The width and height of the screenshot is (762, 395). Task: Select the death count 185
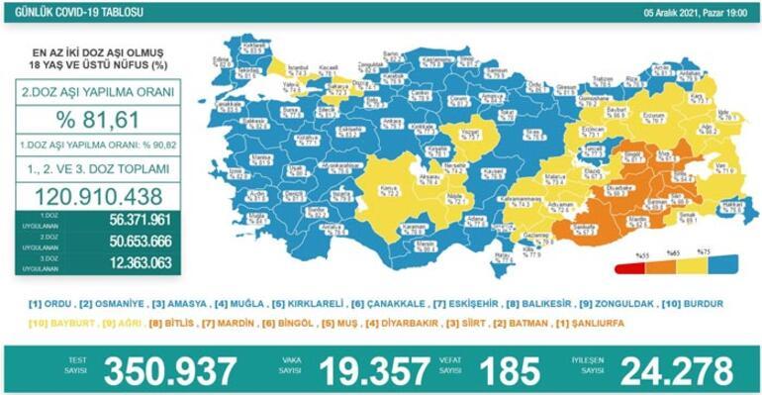pos(506,369)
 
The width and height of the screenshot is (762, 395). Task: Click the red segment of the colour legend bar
pos(628,266)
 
